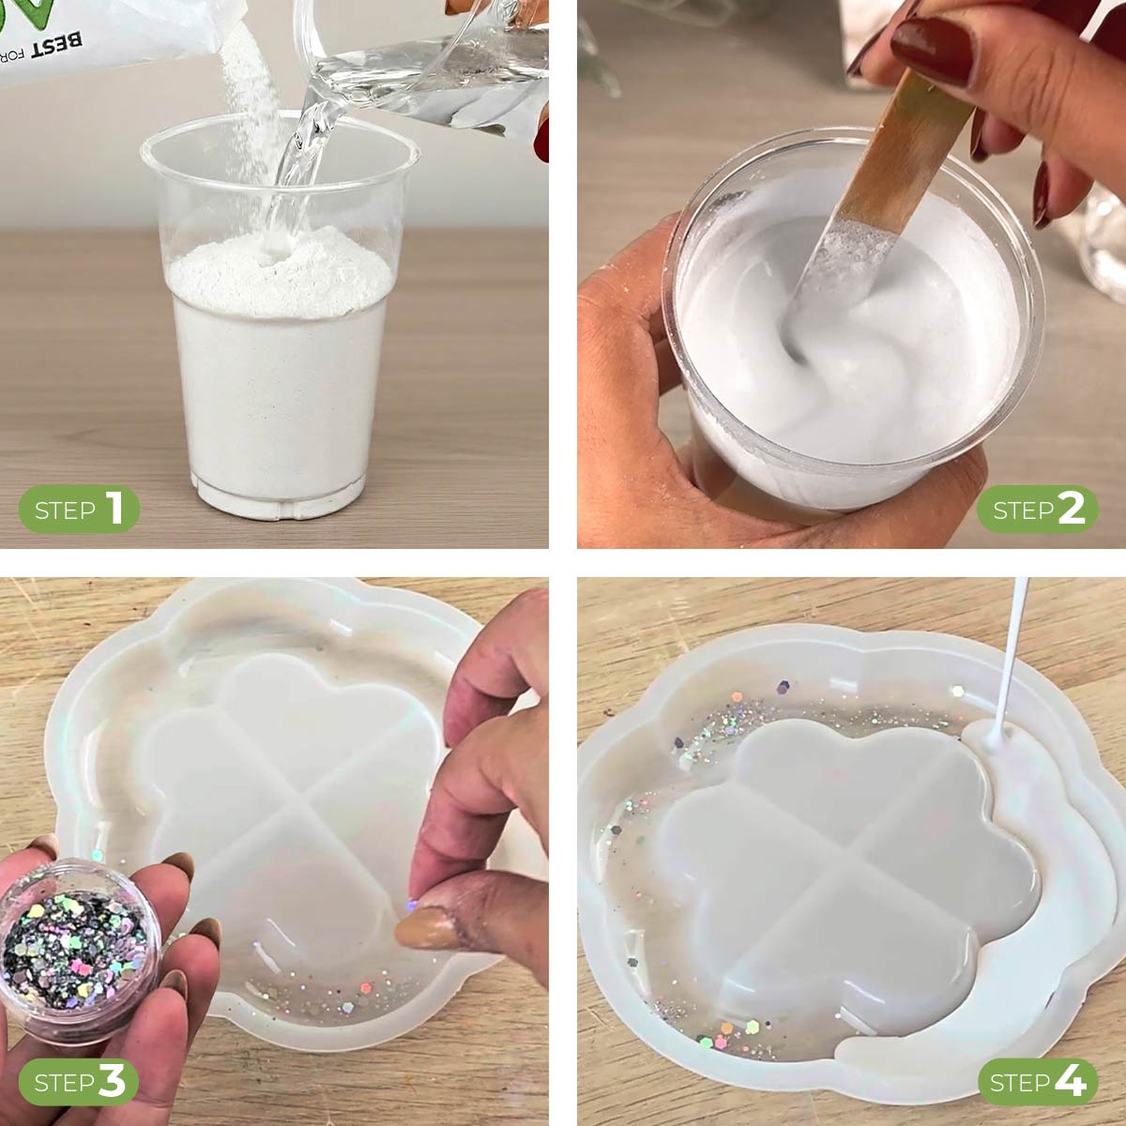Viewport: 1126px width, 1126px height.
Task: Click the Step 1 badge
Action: [x=80, y=510]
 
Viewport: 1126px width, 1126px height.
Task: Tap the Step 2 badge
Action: [x=1038, y=510]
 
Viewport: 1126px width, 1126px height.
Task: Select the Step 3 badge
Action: [x=80, y=1082]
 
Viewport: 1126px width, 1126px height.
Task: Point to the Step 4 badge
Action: [x=1038, y=1082]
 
